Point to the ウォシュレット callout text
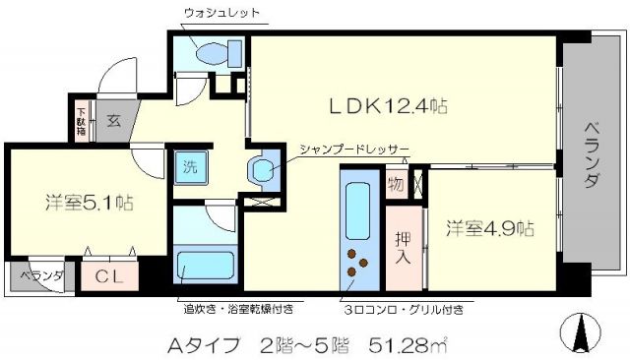point(221,13)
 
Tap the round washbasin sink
point(263,171)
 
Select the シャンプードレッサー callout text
point(355,150)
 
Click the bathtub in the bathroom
point(205,266)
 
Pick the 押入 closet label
point(404,248)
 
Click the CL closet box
point(109,277)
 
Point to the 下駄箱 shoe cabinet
point(81,120)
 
